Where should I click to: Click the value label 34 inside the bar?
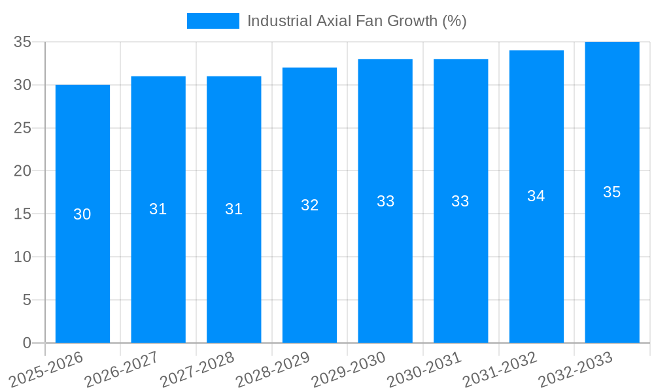[536, 196]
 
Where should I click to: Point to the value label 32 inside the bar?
[309, 205]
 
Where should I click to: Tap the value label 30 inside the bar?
[82, 214]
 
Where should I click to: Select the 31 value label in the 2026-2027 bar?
[158, 209]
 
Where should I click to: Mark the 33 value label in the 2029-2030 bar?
[385, 201]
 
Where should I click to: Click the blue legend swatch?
[213, 21]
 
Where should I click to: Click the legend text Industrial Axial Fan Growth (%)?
[356, 21]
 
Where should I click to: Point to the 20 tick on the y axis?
[23, 171]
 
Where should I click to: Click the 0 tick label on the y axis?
[27, 343]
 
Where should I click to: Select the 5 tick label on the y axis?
[27, 300]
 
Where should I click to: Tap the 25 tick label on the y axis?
[23, 128]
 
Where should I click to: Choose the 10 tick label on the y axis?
[23, 257]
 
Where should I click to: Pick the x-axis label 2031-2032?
[500, 369]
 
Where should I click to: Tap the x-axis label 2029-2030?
[349, 369]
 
